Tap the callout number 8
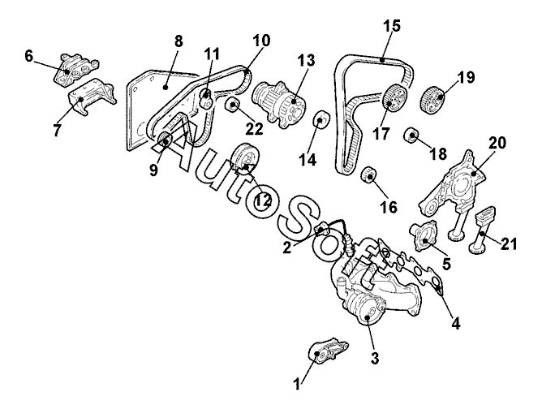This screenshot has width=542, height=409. click(x=178, y=40)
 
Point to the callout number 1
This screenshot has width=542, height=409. click(x=298, y=381)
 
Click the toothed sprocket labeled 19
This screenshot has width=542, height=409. click(x=433, y=101)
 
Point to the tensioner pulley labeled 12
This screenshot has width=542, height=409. click(x=243, y=157)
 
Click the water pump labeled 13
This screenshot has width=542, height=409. click(x=278, y=101)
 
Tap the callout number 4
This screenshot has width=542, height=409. click(x=456, y=323)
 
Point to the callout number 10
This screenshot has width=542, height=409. click(x=261, y=39)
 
